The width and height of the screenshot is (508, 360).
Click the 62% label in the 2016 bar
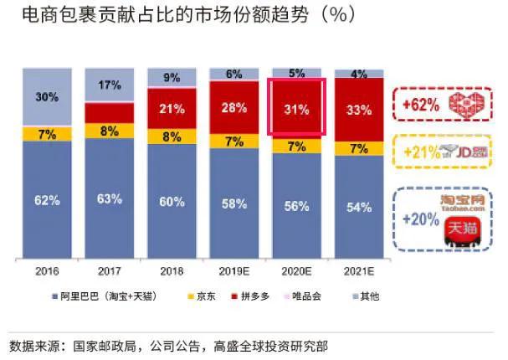tap(47, 200)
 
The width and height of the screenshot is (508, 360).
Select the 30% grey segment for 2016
tap(47, 97)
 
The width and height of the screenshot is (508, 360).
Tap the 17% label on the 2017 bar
tap(110, 85)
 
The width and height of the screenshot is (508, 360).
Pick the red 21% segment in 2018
tap(172, 108)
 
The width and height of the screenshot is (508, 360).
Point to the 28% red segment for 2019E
tap(234, 107)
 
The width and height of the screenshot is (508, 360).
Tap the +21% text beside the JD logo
tap(421, 152)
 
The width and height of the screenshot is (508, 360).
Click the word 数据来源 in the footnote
tap(33, 345)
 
